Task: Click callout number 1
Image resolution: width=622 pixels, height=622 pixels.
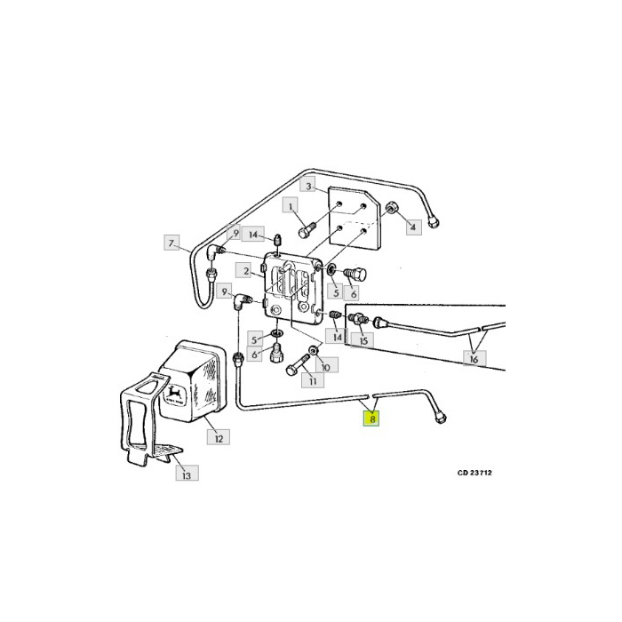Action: [x=290, y=205]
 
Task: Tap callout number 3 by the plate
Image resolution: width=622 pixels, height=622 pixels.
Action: [x=308, y=187]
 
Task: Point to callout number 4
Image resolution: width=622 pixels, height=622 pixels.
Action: [x=411, y=228]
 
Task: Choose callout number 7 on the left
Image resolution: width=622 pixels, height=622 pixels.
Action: [x=171, y=242]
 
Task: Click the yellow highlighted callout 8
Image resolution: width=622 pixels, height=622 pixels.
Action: [x=373, y=418]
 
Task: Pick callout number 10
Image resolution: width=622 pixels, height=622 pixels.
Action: [x=325, y=366]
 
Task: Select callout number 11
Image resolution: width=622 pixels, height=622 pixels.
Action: [x=311, y=380]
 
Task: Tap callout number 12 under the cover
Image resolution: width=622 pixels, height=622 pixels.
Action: [x=218, y=436]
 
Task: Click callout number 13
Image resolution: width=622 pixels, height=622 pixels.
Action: [x=187, y=475]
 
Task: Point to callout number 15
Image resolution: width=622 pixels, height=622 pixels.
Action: [x=366, y=339]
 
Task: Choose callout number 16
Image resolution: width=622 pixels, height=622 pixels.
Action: [x=474, y=359]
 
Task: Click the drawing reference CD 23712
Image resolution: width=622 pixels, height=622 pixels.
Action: [x=474, y=473]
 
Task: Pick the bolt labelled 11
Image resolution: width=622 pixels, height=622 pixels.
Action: [x=294, y=364]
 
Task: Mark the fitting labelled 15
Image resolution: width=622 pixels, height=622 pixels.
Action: [x=361, y=319]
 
